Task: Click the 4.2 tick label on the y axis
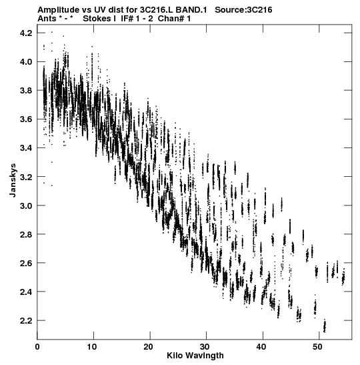pos(26,33)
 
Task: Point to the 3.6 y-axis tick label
pos(26,119)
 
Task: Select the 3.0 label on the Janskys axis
pos(26,206)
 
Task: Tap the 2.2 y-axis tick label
pos(26,320)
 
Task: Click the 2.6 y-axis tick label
pos(26,263)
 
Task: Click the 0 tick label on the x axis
pos(37,347)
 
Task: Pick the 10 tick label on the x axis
pos(91,347)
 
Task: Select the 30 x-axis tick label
pos(205,347)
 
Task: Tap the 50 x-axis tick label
pos(317,347)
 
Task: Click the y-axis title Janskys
pos(13,180)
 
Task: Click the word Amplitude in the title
pos(58,10)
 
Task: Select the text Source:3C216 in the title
pos(243,10)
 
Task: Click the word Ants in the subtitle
pos(47,19)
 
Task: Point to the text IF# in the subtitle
pos(127,19)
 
